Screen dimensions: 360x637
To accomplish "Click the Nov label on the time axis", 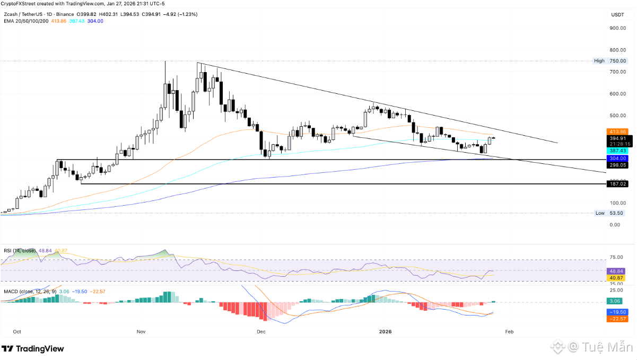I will tap(141, 332).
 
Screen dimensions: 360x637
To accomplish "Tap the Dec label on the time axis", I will tap(260, 332).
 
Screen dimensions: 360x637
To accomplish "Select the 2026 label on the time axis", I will tap(386, 332).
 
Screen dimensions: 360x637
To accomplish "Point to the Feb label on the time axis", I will tap(509, 332).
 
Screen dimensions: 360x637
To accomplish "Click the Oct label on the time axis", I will tap(17, 332).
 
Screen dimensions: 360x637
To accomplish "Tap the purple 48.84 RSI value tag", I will tap(615, 270).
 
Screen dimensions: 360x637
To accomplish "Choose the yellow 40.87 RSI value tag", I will tap(615, 277).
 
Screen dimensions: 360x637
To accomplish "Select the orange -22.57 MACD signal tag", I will tap(615, 319).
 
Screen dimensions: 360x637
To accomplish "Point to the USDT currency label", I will tap(617, 15).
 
